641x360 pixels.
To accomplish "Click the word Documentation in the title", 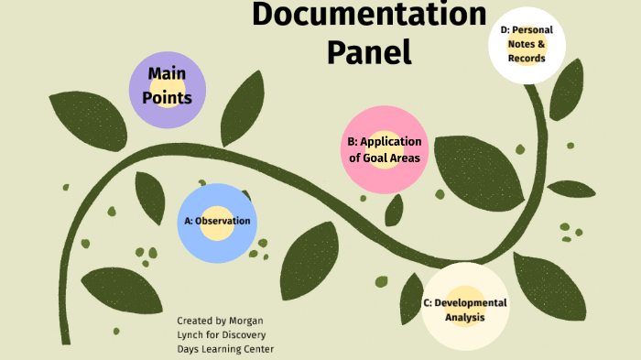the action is point(369,16).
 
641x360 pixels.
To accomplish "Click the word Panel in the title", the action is point(369,51).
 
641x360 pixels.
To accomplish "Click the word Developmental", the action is point(470,302).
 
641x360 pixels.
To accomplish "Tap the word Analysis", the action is point(464,318).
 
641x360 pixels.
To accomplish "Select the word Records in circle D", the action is point(527,59).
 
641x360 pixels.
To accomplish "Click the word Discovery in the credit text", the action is point(245,335).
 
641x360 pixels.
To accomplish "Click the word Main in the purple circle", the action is point(167,73).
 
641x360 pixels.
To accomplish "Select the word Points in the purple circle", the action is point(167,97).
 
